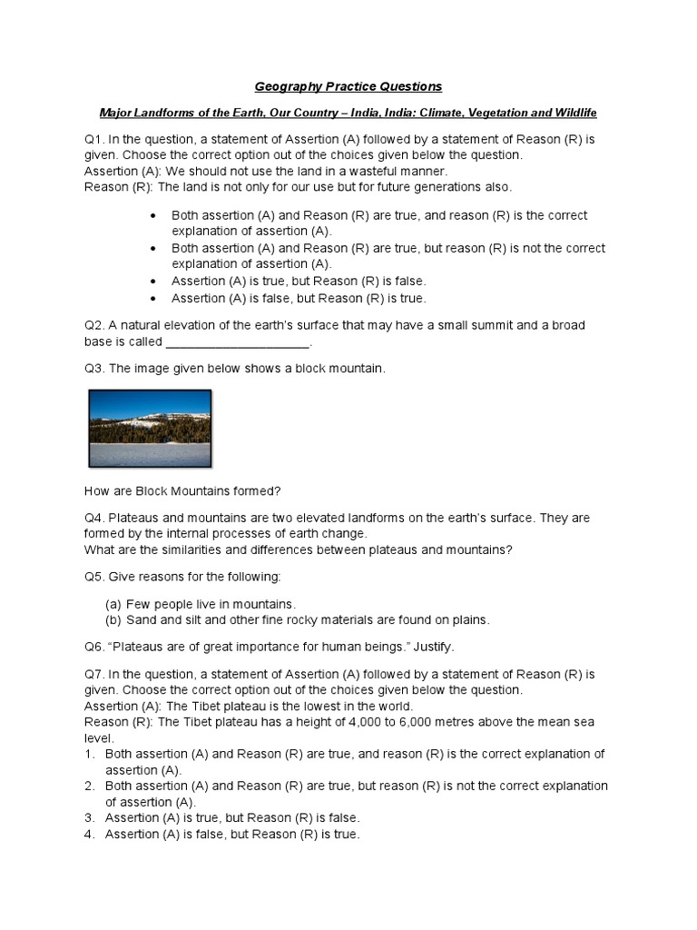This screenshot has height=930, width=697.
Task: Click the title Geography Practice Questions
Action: pos(348,86)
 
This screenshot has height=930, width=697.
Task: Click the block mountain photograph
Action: pos(150,429)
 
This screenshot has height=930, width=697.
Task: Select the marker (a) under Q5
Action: pos(113,604)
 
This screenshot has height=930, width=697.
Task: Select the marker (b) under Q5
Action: pos(113,620)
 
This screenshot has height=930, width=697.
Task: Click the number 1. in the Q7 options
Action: pos(90,754)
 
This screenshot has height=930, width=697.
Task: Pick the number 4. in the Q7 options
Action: pos(90,835)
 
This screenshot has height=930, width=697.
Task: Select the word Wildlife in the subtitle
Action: pos(571,113)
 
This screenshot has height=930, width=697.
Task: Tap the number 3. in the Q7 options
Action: pos(90,818)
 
